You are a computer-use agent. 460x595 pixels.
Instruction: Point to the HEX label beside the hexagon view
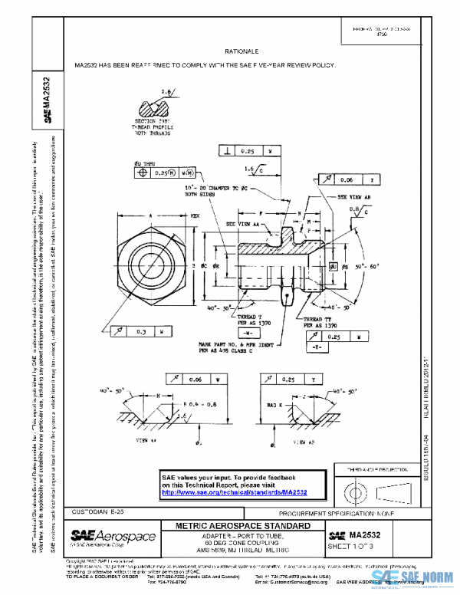coord(195,217)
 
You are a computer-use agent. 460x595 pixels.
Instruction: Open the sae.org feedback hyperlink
coord(235,492)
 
